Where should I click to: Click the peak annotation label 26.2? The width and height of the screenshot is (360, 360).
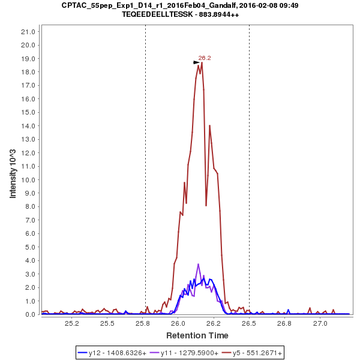205,58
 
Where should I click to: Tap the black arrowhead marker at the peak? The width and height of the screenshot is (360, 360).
196,62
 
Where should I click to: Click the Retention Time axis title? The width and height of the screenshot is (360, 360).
197,335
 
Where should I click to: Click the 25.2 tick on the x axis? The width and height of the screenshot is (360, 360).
72,323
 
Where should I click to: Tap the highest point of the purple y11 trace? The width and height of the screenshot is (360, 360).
198,264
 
